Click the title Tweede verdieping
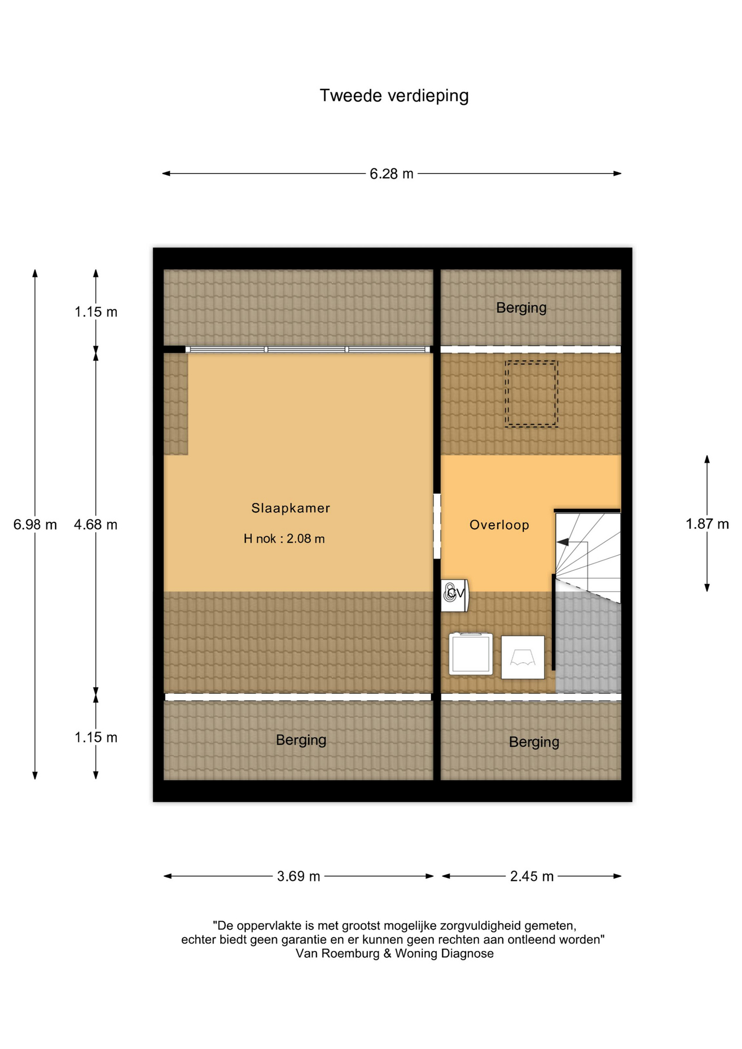point(394,96)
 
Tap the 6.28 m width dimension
point(391,174)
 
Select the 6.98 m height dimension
point(35,524)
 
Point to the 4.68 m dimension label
point(96,524)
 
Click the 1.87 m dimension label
point(707,524)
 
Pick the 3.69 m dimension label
point(298,876)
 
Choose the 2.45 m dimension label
point(532,876)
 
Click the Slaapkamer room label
point(291,508)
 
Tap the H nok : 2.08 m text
point(284,539)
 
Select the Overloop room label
point(499,525)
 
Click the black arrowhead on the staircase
point(563,542)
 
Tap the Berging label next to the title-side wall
point(521,308)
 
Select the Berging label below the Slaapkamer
point(301,740)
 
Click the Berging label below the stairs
point(534,742)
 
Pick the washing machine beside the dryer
point(471,654)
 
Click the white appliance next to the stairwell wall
point(523,657)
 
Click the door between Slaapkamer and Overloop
point(437,526)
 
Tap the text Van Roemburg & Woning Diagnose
point(394,953)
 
